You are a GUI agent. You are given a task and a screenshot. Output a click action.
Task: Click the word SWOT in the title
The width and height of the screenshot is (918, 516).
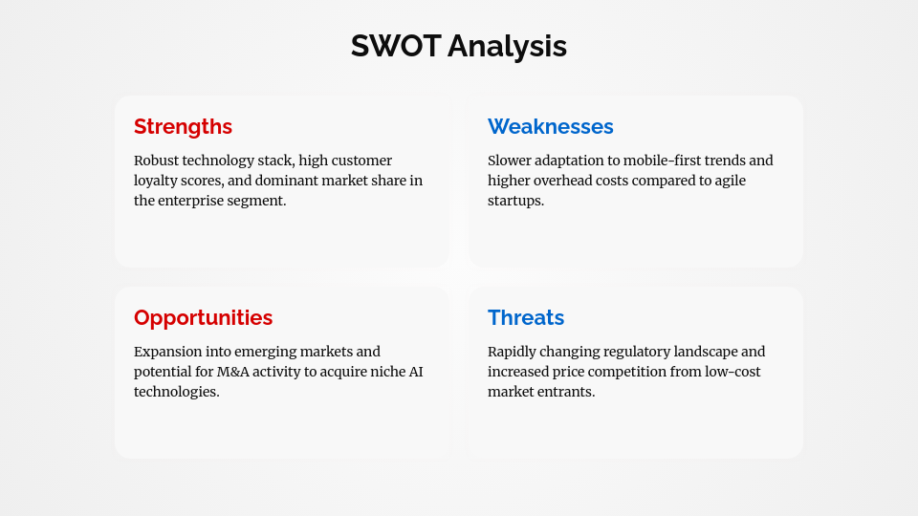(x=395, y=46)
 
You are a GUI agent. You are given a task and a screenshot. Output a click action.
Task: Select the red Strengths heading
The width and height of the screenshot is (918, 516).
(x=183, y=126)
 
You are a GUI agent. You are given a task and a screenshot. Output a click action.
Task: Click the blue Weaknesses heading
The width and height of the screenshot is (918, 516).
(x=551, y=126)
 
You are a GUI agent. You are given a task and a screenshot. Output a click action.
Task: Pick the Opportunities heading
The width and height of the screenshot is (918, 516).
(x=203, y=317)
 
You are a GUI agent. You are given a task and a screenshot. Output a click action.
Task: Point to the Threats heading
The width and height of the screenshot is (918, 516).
(x=526, y=317)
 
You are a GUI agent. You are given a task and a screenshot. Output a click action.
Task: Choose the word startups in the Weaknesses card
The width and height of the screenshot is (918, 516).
(x=515, y=201)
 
